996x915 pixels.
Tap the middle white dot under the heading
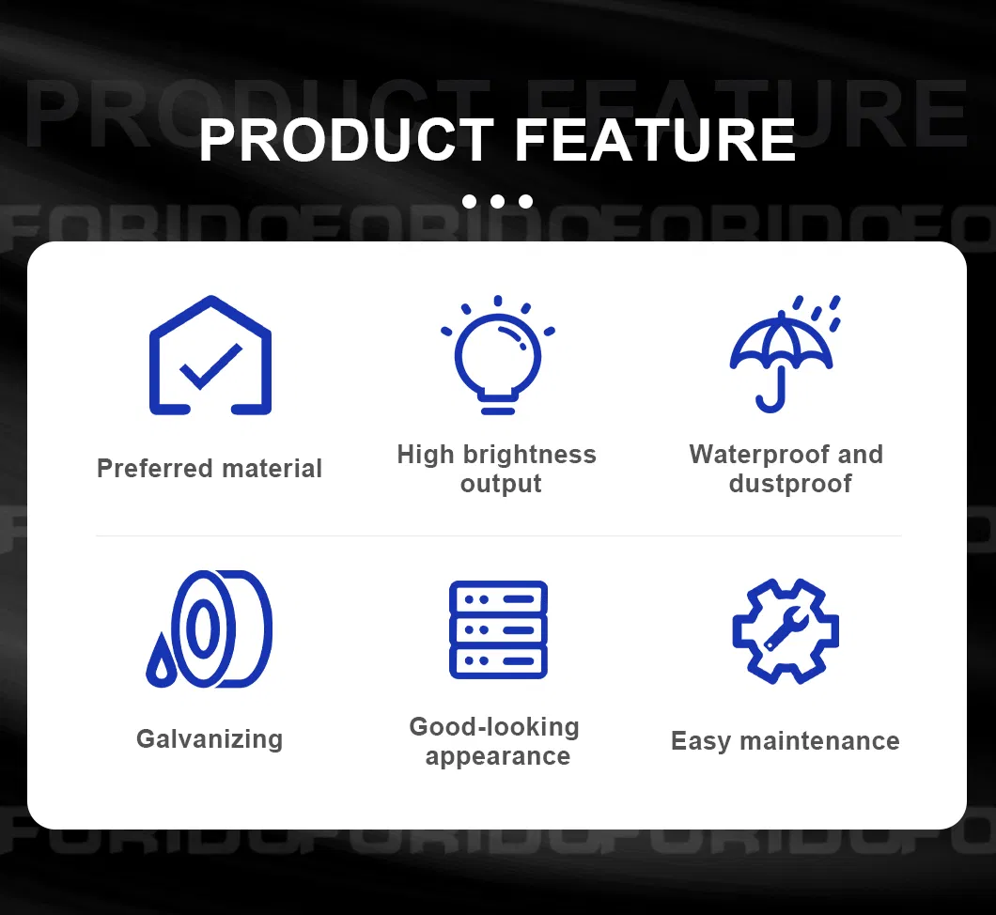pos(497,201)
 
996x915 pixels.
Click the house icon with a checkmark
pos(210,356)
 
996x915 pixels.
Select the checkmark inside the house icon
pos(210,366)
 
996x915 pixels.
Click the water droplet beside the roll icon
pos(161,663)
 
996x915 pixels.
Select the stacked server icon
pos(498,629)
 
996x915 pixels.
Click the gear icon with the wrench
pos(785,630)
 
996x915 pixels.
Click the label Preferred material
pos(210,468)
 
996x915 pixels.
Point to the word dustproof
pos(789,484)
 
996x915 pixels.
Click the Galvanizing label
pos(210,738)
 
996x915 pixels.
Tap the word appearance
pos(497,756)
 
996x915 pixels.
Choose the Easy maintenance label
pos(785,741)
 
